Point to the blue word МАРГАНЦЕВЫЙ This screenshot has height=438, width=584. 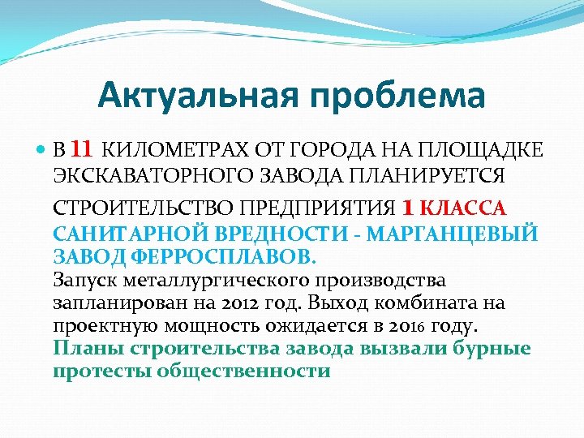(x=450, y=234)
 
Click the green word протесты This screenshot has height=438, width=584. (x=104, y=371)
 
